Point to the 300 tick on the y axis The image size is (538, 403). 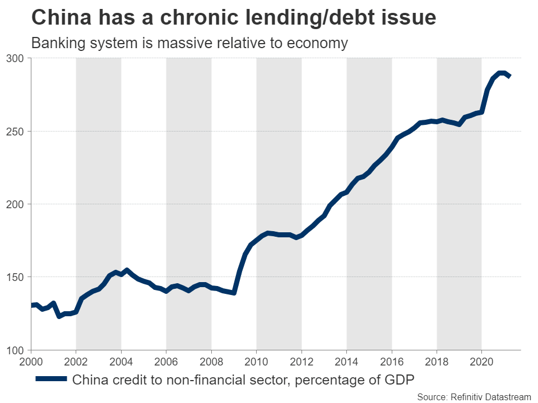coord(15,58)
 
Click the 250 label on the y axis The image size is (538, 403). coord(15,131)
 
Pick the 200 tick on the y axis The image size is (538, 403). coord(15,204)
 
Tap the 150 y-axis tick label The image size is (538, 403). coord(15,277)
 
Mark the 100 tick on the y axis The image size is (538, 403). coord(15,350)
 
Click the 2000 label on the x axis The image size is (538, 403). coord(31,360)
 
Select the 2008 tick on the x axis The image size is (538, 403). coord(211,360)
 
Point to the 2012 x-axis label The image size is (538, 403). coord(302,360)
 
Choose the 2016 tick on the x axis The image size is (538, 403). coord(392,360)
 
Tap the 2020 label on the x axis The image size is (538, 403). coord(482,360)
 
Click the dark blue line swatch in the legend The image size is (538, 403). coord(51,379)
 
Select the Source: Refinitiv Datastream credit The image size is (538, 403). coord(474,396)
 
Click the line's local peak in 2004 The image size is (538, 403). coord(127,270)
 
